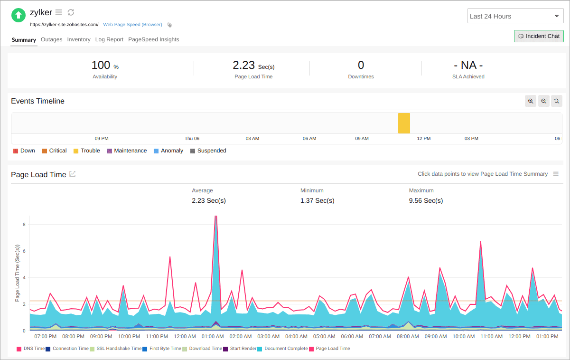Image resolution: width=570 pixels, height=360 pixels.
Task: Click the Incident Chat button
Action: [x=539, y=36]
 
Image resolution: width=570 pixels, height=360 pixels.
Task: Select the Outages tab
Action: [x=51, y=39]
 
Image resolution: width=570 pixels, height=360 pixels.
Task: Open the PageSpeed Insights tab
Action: [x=153, y=39]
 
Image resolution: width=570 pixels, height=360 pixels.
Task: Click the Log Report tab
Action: [x=109, y=39]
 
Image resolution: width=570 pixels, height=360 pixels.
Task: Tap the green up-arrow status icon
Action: [x=19, y=15]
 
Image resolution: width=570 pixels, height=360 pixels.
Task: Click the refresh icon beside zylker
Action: [x=71, y=12]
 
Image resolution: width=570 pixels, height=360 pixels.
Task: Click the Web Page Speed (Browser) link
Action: [x=132, y=25]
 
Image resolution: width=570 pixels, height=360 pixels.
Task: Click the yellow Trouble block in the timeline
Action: [x=404, y=123]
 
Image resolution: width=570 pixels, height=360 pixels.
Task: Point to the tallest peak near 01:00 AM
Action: [x=216, y=218]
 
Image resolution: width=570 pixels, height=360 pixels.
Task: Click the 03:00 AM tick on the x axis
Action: [x=269, y=336]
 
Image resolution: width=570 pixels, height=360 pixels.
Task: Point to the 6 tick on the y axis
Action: [x=24, y=251]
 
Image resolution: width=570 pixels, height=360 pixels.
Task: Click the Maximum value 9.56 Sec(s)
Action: [x=426, y=200]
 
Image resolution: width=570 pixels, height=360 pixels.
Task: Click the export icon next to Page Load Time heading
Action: [x=73, y=174]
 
